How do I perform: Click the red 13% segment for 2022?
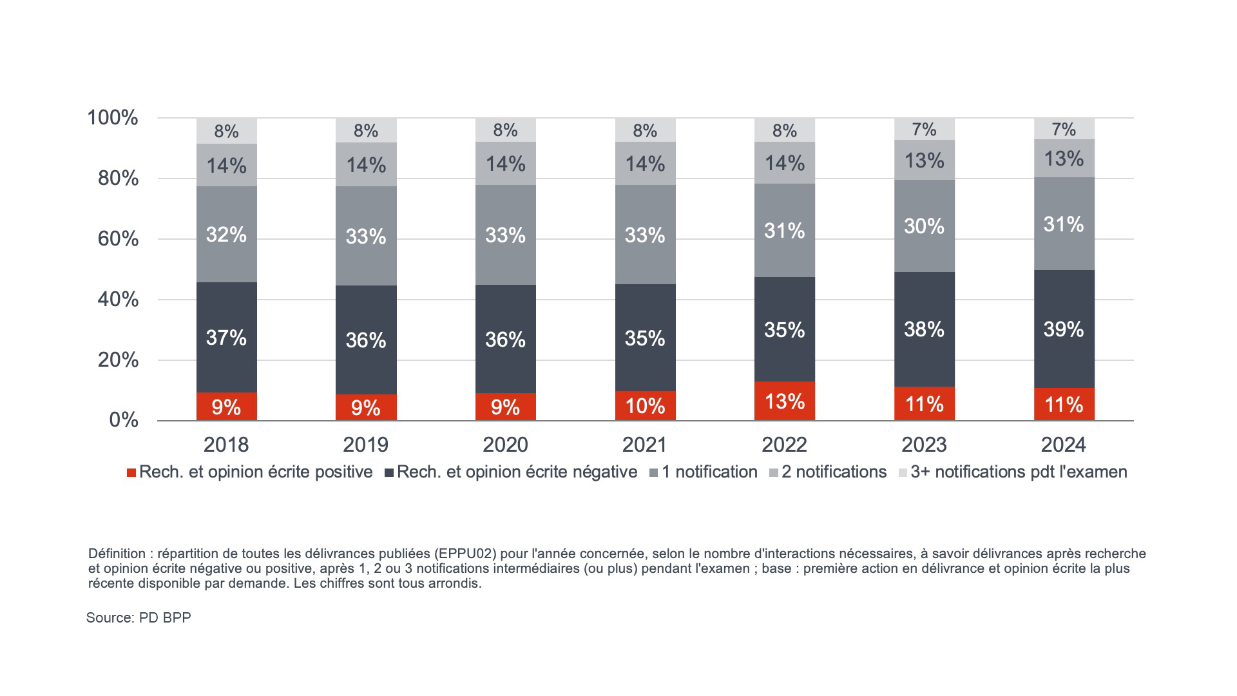[784, 401]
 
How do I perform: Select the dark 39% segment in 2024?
[1064, 329]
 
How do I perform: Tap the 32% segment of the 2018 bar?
[226, 235]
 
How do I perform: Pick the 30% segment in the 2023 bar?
[924, 226]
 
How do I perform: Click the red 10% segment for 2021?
[645, 406]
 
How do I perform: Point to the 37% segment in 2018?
[226, 338]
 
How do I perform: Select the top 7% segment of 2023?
[924, 130]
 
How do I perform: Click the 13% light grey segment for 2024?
[1064, 159]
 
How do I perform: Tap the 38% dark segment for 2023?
[924, 329]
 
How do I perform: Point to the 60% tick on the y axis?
[118, 239]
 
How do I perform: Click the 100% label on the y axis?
[113, 118]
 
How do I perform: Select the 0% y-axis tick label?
[124, 420]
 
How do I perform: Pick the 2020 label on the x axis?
[505, 445]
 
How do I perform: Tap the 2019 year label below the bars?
[365, 445]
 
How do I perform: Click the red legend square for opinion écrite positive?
[131, 473]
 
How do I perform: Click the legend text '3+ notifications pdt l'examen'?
[1019, 472]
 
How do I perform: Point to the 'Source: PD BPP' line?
[139, 617]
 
